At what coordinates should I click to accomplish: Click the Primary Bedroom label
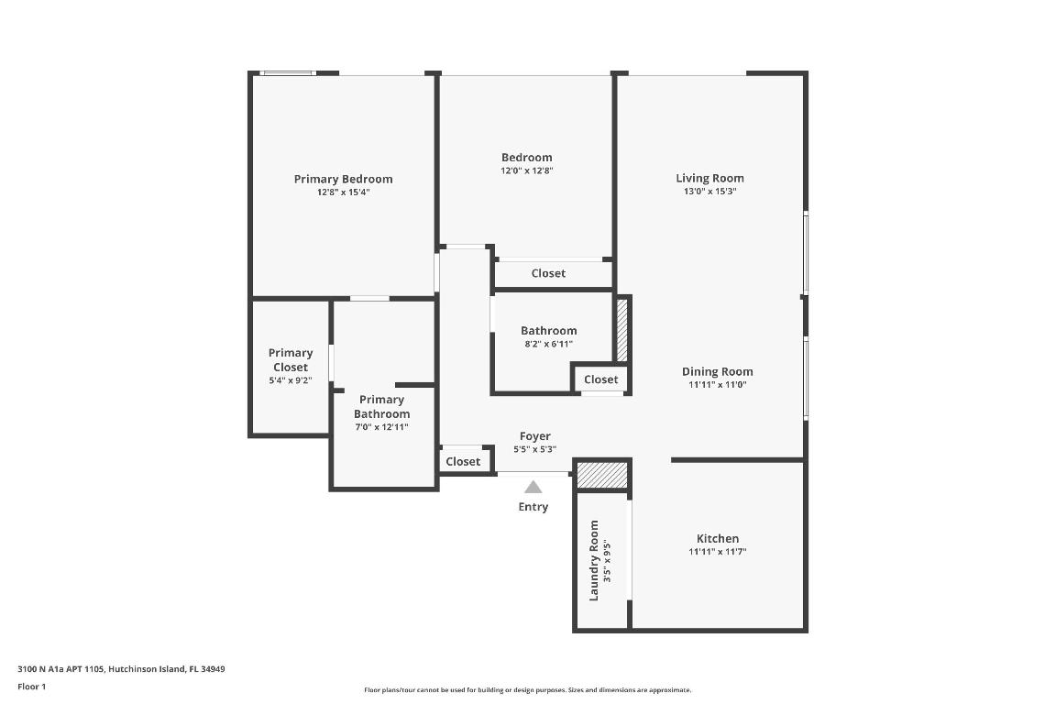coord(343,179)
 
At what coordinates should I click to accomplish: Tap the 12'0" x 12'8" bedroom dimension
coord(526,170)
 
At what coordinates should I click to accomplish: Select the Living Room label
coord(709,178)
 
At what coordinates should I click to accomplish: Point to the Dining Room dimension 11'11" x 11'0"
coord(717,385)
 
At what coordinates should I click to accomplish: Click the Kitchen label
coord(717,538)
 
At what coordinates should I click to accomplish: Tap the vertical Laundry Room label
coord(594,560)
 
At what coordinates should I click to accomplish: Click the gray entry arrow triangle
coord(533,488)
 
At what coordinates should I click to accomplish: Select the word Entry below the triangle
coord(533,507)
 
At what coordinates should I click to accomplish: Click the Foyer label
coord(534,436)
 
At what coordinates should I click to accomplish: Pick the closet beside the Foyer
coord(463,461)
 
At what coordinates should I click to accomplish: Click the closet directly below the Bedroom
coord(548,273)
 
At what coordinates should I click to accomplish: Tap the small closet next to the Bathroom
coord(600,379)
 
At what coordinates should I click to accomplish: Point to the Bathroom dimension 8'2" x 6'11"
coord(548,344)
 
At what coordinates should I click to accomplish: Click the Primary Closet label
coord(291,359)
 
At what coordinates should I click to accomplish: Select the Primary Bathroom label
coord(381,407)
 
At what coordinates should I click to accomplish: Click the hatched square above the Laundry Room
coord(602,476)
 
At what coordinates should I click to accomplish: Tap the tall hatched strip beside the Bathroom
coord(621,330)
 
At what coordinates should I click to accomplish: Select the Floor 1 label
coord(31,687)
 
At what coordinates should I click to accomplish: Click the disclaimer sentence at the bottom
coord(527,690)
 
